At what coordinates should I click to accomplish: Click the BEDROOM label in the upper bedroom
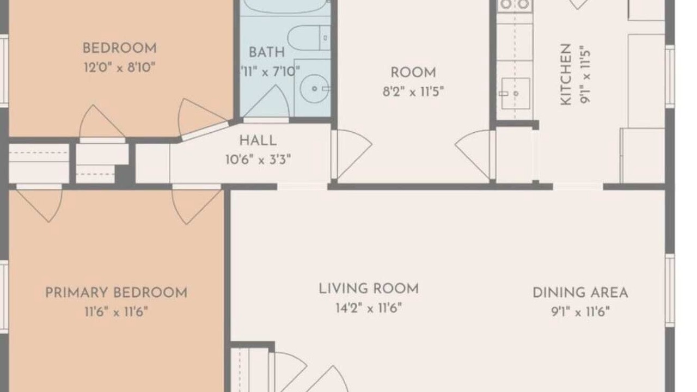[x=119, y=48]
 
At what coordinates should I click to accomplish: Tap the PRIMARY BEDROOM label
[x=117, y=293]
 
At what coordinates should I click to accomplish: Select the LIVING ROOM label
[x=369, y=289]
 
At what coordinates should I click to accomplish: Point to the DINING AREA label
[x=580, y=293]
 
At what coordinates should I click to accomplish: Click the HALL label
[x=258, y=140]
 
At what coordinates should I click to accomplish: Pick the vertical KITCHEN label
[x=566, y=75]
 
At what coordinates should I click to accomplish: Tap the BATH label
[x=267, y=52]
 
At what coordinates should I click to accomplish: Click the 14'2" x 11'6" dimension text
[x=369, y=308]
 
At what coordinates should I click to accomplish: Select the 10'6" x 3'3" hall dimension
[x=258, y=160]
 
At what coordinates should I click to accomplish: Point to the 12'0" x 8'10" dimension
[x=119, y=67]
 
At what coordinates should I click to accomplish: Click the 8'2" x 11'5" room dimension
[x=413, y=92]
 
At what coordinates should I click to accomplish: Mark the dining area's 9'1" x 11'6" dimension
[x=580, y=311]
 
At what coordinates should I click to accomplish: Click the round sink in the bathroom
[x=314, y=89]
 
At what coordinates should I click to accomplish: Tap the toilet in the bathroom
[x=309, y=38]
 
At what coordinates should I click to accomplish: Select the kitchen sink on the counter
[x=516, y=93]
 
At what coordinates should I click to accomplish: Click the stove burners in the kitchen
[x=515, y=4]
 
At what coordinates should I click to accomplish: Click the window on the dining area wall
[x=670, y=291]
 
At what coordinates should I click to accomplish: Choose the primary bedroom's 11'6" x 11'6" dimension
[x=117, y=311]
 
